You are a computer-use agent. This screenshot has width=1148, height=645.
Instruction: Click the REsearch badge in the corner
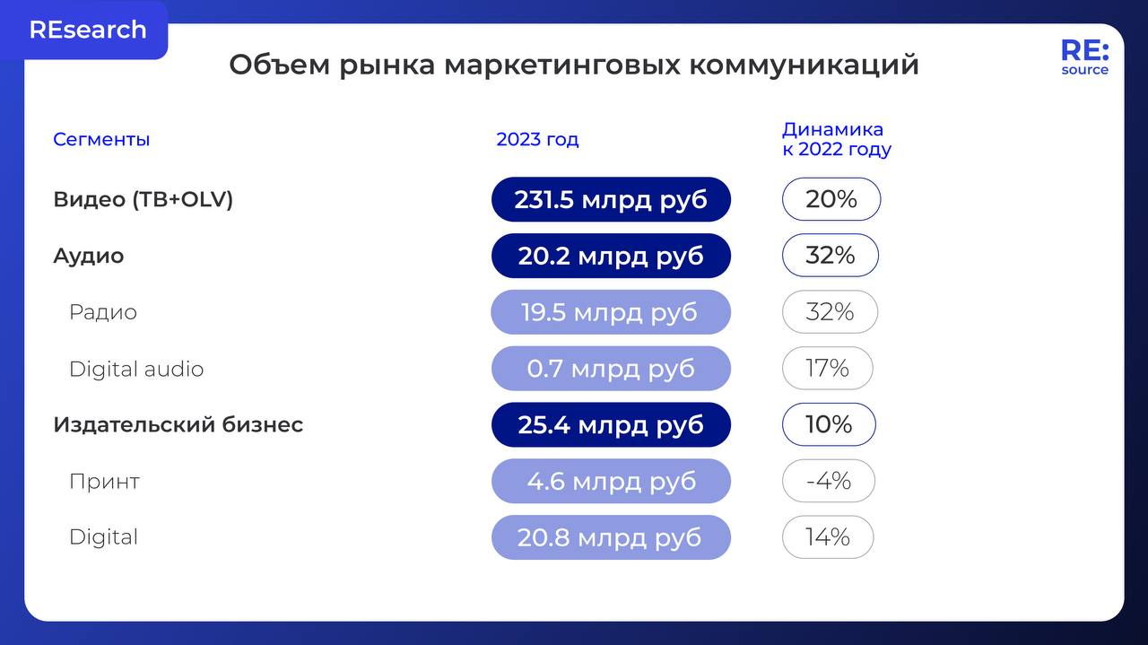(x=87, y=30)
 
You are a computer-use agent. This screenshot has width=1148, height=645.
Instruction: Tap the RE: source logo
(x=1084, y=57)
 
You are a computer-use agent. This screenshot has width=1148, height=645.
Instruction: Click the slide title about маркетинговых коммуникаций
(x=574, y=65)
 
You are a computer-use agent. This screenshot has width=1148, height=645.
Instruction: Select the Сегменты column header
(x=101, y=139)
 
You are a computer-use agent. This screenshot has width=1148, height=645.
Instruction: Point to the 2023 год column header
(x=537, y=139)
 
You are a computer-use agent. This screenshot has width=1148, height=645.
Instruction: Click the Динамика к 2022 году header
(x=836, y=139)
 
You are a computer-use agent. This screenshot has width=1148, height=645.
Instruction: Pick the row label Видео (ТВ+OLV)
(x=143, y=199)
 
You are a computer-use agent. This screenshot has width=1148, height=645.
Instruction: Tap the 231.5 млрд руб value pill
(x=611, y=199)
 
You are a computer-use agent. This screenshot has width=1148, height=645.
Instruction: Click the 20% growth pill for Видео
(x=831, y=199)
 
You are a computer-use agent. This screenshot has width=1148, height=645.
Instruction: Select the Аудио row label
(x=88, y=256)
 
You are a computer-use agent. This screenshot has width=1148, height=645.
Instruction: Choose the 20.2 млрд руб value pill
(x=611, y=256)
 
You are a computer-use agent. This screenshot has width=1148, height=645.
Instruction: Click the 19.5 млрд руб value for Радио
(x=611, y=312)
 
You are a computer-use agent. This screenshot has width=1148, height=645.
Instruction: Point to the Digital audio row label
(x=136, y=369)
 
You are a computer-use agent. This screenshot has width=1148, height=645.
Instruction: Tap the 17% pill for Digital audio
(x=827, y=369)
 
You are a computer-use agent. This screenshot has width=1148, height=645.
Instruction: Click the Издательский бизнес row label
(x=178, y=424)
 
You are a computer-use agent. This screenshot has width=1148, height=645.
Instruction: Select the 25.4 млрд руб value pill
(x=611, y=425)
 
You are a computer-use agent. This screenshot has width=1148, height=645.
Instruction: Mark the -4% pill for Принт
(x=828, y=481)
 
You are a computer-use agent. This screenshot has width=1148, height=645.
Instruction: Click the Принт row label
(x=104, y=481)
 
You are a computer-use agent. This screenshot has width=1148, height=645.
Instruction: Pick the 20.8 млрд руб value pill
(x=611, y=537)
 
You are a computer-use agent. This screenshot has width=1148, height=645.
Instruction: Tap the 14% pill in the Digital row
(x=827, y=537)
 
